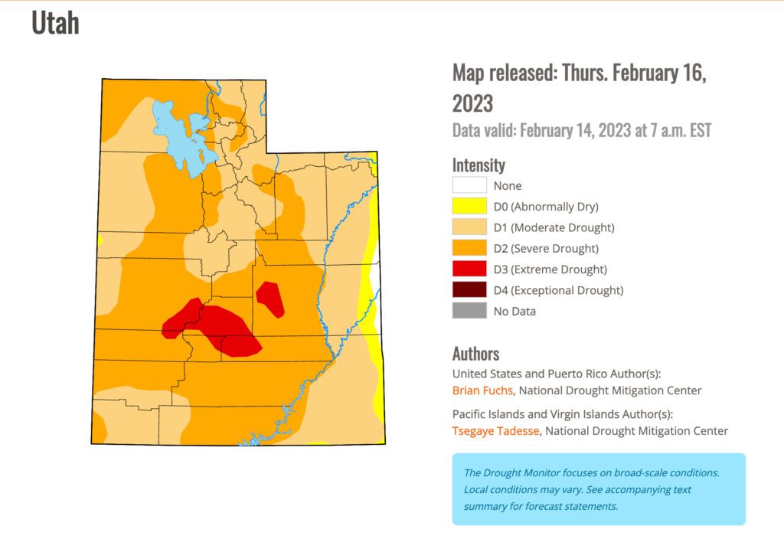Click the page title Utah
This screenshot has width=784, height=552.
(55, 23)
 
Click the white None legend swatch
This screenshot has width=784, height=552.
(469, 185)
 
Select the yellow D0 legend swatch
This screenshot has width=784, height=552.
(469, 206)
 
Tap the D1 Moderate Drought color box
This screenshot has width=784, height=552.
(469, 227)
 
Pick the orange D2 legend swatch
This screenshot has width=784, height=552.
(469, 248)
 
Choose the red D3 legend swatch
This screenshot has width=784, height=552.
(469, 269)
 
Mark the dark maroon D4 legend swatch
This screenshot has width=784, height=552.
(469, 290)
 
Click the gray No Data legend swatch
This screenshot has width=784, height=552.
(469, 311)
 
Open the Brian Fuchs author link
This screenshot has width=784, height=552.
(482, 390)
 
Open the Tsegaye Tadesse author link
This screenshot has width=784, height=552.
(496, 431)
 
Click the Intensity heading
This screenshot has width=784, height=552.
(479, 165)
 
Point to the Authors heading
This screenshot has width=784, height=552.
(475, 354)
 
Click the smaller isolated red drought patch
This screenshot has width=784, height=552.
(270, 299)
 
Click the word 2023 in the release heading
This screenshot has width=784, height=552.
(472, 103)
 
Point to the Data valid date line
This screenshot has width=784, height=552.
(582, 129)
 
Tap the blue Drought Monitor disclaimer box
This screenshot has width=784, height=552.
(598, 489)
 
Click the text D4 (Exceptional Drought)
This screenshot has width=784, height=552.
(558, 290)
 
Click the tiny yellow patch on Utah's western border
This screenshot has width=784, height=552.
(100, 240)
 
